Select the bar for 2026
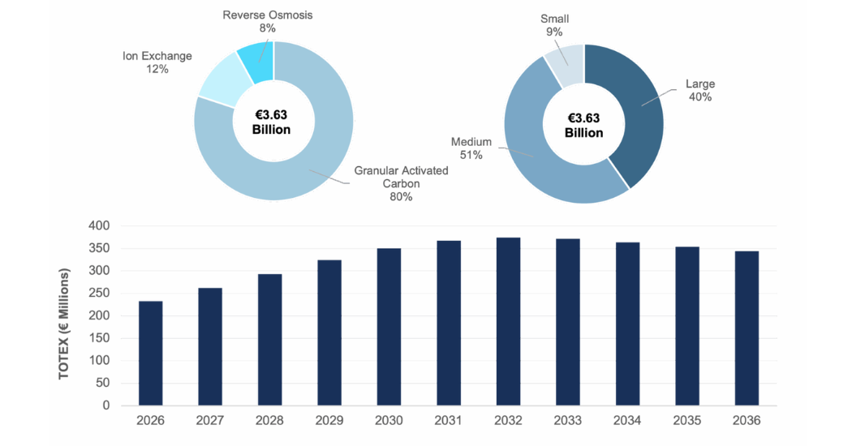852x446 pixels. coord(151,353)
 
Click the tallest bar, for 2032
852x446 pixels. coord(508,321)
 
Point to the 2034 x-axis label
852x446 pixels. coord(627,420)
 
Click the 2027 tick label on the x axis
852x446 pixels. coord(210,420)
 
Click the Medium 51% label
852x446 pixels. coord(471,148)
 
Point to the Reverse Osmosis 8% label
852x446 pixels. coord(267,22)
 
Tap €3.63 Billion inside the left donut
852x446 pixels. coord(271,122)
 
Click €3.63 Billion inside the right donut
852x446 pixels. coord(583,125)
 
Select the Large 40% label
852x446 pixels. coord(699,90)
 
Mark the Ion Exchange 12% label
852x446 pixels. coord(157,62)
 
